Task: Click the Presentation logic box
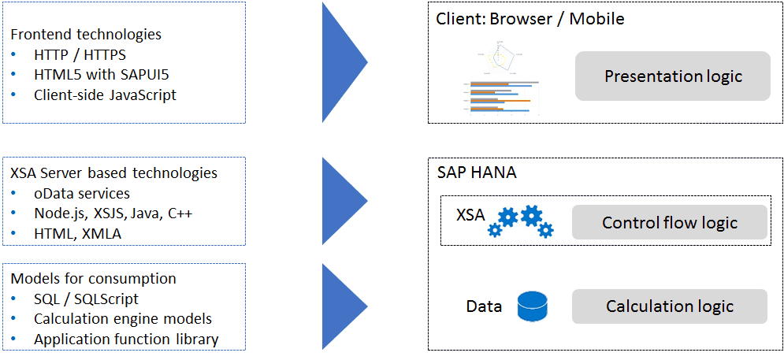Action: tap(672, 76)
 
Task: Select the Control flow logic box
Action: tap(669, 222)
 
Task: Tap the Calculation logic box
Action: tap(669, 306)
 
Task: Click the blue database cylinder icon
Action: tap(532, 306)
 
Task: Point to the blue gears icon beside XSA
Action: tap(521, 221)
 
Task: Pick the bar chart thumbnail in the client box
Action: tap(501, 98)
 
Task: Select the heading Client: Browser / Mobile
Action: tap(529, 19)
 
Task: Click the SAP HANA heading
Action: tap(477, 173)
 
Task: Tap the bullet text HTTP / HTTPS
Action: tap(80, 55)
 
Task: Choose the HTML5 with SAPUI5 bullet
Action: tap(101, 75)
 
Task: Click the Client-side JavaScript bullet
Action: tap(105, 95)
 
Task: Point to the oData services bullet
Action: tap(82, 193)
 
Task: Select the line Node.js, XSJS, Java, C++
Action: tap(113, 213)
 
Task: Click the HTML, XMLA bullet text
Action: tap(77, 232)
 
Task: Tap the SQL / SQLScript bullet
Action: tap(86, 299)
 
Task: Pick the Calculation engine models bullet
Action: tap(122, 319)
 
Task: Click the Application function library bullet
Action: tap(126, 340)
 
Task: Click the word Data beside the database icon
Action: tap(484, 306)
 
